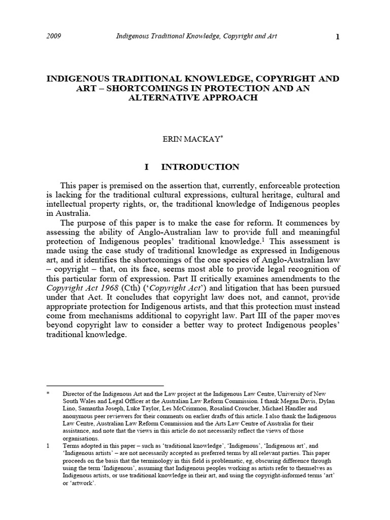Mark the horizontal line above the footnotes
pos(105,385)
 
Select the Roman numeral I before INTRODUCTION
pos(146,167)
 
